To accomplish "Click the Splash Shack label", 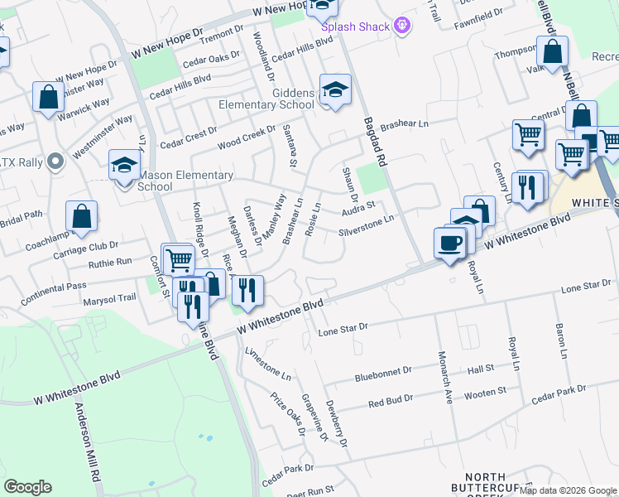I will click(355, 27).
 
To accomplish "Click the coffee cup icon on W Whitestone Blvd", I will click(449, 242).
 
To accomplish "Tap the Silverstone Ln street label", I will click(365, 224).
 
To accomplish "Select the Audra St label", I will click(358, 207).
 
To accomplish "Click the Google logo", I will click(27, 487).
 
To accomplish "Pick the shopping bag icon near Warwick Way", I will click(49, 96).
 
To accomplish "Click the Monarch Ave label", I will click(445, 377).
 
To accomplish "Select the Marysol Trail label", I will click(109, 299).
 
